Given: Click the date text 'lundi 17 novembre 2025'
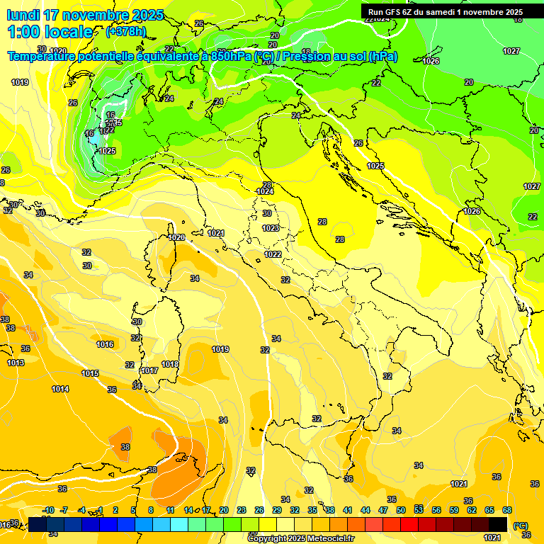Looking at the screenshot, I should coord(85,15).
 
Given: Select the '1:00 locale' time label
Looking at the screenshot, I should coord(50,32).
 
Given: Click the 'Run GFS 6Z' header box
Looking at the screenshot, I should coord(445,11).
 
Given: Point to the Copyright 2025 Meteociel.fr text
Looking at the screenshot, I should coord(300,538).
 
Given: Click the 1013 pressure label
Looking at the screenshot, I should coord(16,363).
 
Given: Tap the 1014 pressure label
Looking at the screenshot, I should coord(60,389).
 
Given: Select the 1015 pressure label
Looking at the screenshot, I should coord(90,373).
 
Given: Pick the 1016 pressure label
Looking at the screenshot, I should coord(105,344).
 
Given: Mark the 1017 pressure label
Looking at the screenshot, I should coord(149,370).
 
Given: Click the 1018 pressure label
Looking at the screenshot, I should coord(170,364).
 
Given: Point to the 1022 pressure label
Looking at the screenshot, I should coord(273,254).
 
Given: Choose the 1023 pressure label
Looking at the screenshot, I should coord(270,228).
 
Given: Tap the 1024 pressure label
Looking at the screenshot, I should coord(265,191).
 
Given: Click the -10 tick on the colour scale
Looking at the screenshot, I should coord(48,510).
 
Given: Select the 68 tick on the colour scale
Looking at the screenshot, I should coord(507,510).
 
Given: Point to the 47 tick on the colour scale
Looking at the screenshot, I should coord(383,510).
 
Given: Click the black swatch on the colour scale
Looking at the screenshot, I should coord(498,524).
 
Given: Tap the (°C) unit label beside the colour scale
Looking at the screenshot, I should coord(521,525).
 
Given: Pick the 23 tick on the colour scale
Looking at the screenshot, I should coord(242,510).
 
